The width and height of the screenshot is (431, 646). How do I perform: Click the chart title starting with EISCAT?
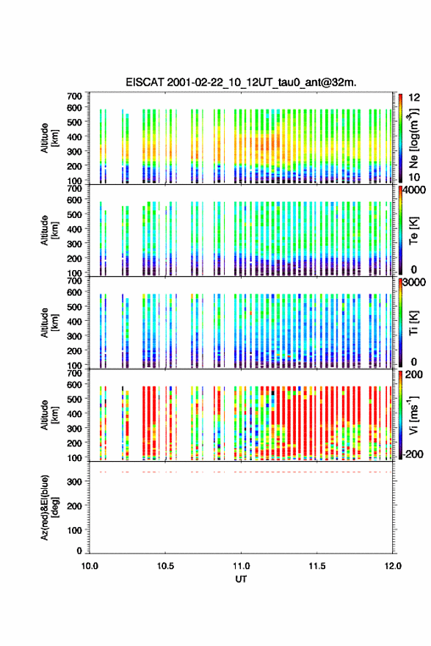[241, 82]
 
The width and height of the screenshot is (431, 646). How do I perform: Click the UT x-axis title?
[241, 579]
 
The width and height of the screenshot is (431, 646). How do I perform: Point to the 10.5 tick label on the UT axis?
[165, 566]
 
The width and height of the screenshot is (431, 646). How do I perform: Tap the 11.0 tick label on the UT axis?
[241, 566]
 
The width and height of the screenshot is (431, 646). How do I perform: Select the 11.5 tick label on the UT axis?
[317, 566]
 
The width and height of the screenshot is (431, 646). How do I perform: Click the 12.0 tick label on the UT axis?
[393, 566]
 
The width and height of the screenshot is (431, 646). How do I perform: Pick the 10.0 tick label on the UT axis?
[90, 566]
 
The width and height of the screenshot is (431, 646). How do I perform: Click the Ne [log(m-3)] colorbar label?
[414, 138]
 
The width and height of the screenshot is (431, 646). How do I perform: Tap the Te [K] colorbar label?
[413, 231]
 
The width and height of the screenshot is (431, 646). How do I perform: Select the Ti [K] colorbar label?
[413, 323]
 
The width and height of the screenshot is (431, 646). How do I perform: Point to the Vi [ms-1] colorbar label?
[413, 415]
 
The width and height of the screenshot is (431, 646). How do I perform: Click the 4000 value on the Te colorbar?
[414, 190]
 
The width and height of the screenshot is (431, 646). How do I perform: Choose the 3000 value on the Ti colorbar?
[414, 283]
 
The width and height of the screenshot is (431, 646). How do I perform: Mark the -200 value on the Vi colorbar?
[413, 454]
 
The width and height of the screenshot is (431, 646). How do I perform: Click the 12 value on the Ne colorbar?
[414, 98]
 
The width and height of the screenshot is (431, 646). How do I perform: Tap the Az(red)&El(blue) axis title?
[50, 507]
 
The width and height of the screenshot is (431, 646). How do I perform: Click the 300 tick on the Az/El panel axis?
[75, 482]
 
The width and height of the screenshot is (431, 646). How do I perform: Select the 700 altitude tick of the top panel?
[75, 96]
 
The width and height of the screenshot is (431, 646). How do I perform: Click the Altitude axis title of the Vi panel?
[50, 415]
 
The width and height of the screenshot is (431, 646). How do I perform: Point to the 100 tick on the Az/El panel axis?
[75, 530]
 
